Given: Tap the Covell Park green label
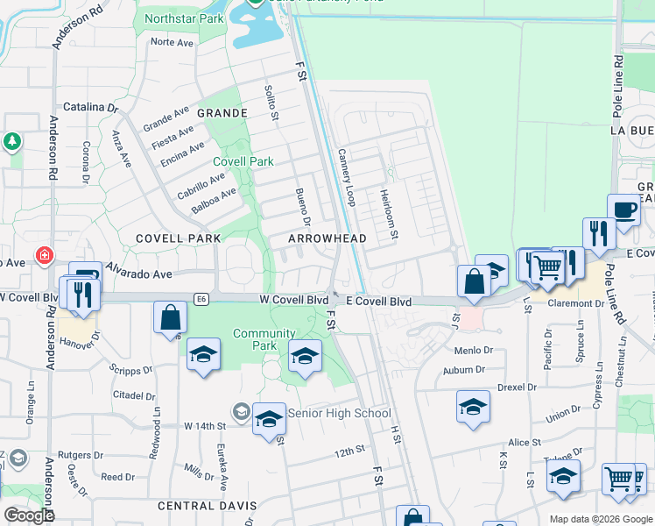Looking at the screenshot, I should [243, 161].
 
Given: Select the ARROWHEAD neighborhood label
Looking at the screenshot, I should [327, 238].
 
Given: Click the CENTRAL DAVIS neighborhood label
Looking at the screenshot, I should [207, 506].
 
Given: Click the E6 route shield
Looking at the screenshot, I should [201, 300].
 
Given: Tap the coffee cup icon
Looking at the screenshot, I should [623, 210].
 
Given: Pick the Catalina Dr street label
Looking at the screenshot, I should [90, 108].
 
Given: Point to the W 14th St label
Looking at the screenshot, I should [205, 425].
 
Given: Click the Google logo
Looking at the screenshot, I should [29, 515].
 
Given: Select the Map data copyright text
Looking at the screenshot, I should [600, 519].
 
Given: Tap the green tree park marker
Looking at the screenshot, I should [13, 141].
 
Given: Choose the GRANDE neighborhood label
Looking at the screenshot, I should [222, 114].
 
